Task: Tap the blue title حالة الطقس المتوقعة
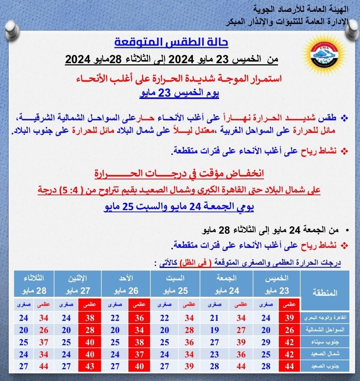coord(171,42)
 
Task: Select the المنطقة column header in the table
coord(325,293)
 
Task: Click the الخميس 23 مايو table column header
coord(278,285)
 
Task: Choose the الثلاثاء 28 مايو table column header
coord(34,285)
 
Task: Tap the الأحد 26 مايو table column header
coord(126,285)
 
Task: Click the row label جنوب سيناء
coord(325,342)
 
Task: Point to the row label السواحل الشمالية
coord(325,330)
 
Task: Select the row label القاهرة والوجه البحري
coord(325,318)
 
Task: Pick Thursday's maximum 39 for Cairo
coord(290,318)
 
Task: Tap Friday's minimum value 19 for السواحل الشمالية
coord(215,330)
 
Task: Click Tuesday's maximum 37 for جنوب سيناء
coord(43,342)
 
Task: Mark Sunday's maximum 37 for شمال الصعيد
coord(139,354)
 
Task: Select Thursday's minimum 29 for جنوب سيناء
coord(266,342)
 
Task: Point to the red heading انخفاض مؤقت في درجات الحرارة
coord(179,174)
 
